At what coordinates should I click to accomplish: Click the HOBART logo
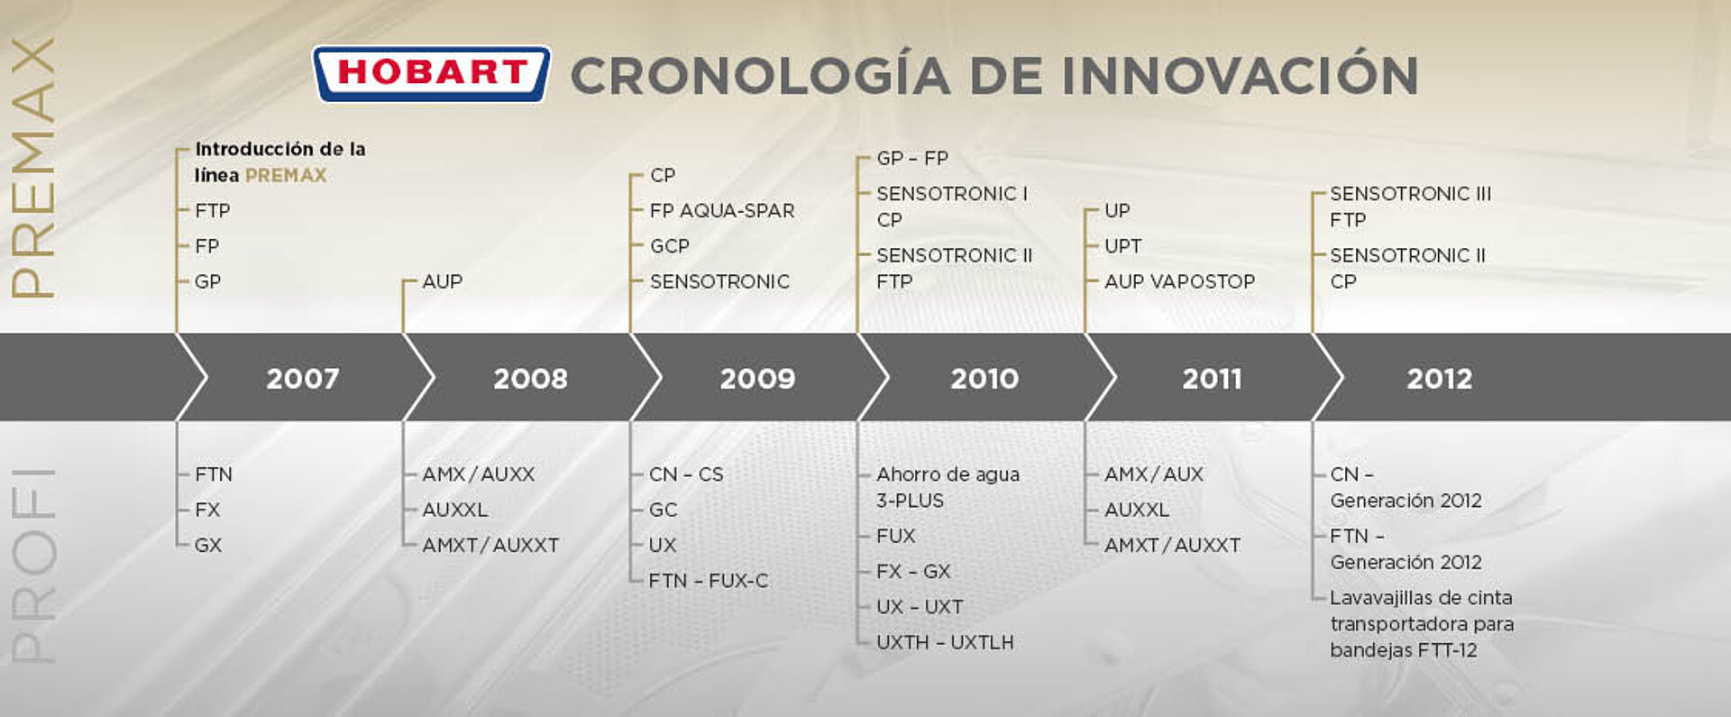431,73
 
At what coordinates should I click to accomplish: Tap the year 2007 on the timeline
303,378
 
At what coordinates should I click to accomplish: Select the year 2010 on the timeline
985,378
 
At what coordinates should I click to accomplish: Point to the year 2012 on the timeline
1440,378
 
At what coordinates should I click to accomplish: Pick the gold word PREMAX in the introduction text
286,175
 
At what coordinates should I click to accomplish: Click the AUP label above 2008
443,281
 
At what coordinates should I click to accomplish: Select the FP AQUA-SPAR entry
722,210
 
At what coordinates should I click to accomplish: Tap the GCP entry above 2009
670,246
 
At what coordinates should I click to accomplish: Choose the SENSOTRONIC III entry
1411,193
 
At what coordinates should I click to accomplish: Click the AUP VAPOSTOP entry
1179,281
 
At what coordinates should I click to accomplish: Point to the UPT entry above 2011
1123,246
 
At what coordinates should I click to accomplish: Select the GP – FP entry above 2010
912,158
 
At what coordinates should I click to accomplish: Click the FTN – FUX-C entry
709,581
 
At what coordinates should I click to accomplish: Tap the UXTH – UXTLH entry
945,642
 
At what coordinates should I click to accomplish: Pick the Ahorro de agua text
948,474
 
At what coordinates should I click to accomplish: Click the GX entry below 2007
208,545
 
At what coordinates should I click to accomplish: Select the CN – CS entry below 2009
686,474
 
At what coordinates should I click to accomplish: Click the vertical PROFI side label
34,565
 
